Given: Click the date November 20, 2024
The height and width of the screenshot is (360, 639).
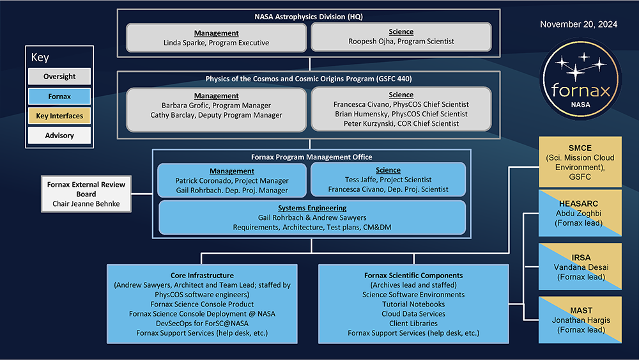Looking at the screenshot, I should point(578,25).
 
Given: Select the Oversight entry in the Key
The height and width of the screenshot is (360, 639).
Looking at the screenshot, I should point(59,77).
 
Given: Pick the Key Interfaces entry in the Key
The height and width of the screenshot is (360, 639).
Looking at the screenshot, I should point(59,116).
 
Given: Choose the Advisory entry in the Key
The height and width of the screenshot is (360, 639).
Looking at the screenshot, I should point(59,136).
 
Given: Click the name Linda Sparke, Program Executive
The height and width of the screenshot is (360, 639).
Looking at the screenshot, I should point(216,43).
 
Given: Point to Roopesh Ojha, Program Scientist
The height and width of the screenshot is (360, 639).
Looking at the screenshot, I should point(401,42).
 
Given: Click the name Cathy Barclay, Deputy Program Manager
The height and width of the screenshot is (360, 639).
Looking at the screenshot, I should point(216,115).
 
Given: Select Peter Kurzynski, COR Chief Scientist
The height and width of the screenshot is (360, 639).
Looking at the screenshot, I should point(401,123).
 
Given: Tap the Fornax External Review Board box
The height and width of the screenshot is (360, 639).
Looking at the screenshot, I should point(86,194).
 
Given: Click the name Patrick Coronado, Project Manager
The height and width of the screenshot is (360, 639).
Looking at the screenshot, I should point(231,181).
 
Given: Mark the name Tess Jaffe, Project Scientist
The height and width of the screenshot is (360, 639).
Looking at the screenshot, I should point(388,180).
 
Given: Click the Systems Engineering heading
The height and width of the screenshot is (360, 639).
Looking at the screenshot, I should point(312,208).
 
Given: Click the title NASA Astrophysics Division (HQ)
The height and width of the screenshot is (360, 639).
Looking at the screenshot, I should point(309,17).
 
